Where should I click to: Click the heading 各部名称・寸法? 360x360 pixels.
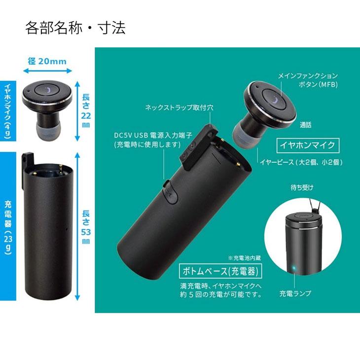tap(75, 28)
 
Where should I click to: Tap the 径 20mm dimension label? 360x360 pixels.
tap(47, 61)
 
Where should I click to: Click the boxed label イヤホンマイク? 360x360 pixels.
tap(308, 144)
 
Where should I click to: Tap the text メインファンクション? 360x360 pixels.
tap(308, 76)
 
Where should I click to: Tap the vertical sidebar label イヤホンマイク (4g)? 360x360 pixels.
tap(8, 111)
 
